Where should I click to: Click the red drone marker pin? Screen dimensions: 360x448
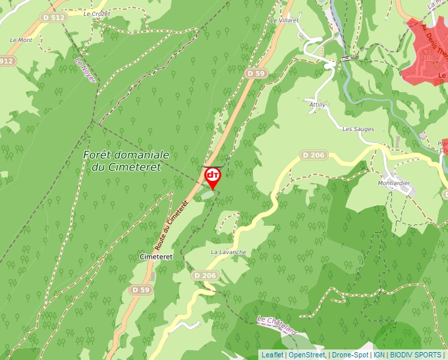point(213,177)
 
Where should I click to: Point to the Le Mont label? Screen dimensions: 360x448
point(21,40)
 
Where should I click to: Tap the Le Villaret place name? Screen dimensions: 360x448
point(285,20)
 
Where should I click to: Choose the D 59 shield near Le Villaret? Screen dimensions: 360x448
point(256,73)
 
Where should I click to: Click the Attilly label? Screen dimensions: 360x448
point(318,105)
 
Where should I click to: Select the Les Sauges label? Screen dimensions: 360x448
point(358,129)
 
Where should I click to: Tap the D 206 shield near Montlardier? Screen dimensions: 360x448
point(314,155)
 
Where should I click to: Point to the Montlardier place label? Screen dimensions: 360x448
point(395,183)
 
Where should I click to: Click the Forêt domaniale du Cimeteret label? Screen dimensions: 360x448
point(126,161)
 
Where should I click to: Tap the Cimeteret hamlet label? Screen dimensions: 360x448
point(155,257)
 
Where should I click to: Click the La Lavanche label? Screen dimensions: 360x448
point(228,252)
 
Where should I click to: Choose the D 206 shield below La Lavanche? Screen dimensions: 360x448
point(206,275)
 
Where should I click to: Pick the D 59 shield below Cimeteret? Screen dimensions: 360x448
point(140,290)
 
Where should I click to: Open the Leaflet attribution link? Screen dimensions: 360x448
point(272,355)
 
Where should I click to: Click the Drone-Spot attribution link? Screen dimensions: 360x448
point(350,355)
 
